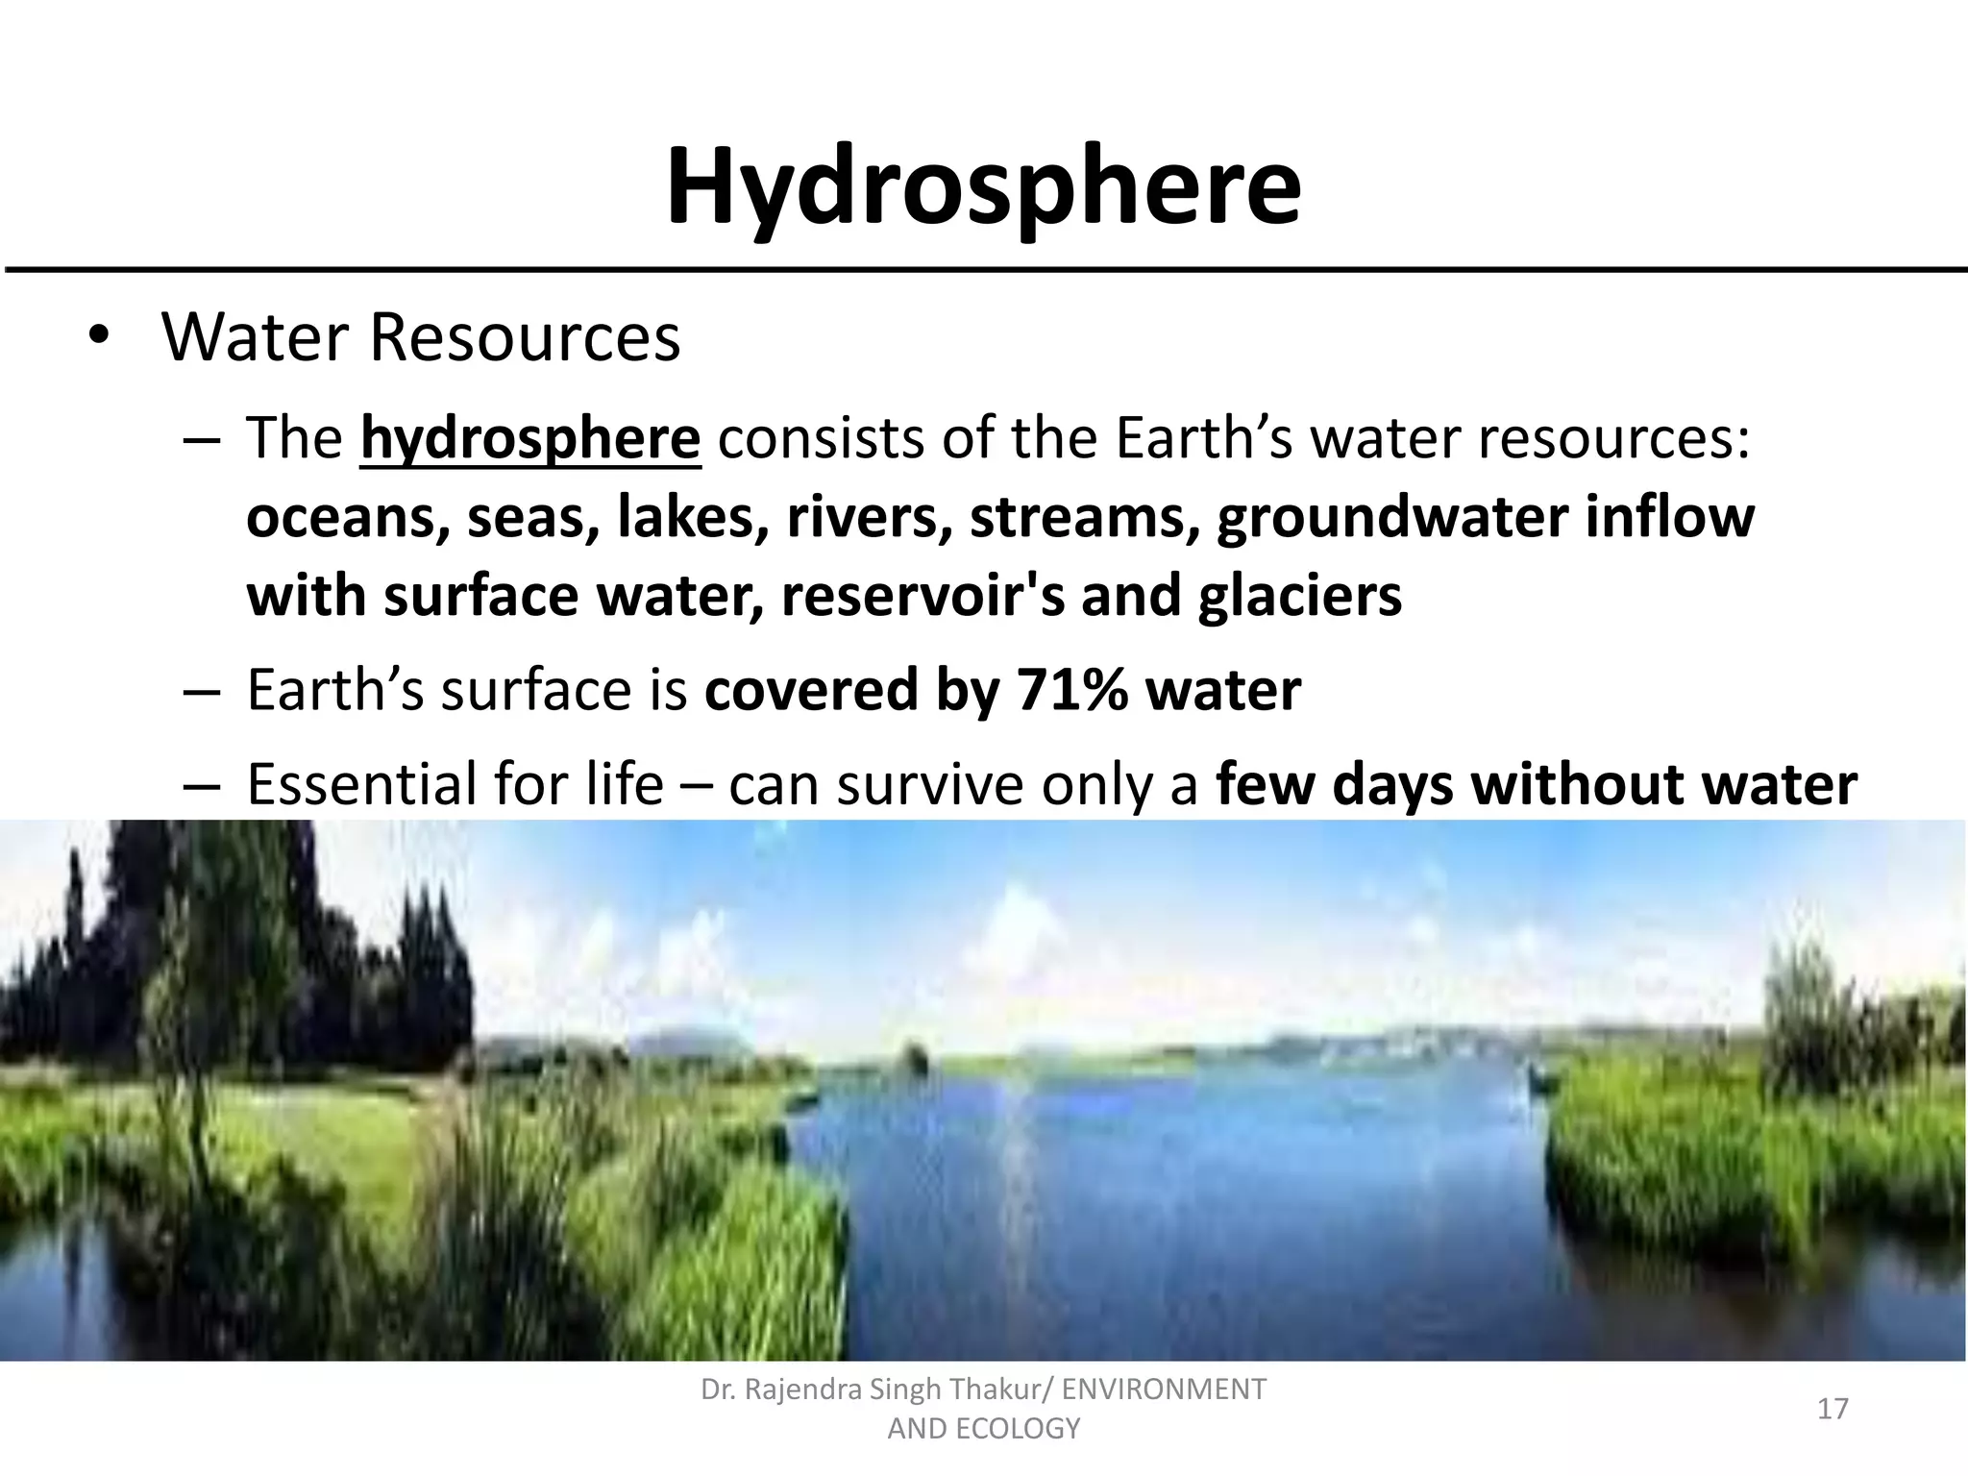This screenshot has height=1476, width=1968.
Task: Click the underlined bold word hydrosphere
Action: (x=530, y=439)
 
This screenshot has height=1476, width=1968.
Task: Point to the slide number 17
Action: (x=1833, y=1409)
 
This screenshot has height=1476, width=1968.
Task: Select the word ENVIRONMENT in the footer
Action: (x=1164, y=1390)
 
